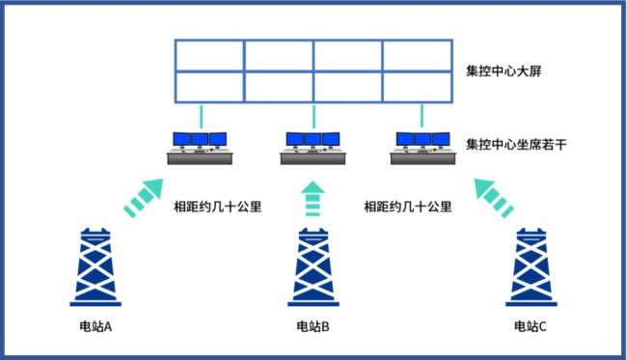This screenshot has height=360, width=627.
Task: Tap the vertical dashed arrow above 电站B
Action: point(313,198)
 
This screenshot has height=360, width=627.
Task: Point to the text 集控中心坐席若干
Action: point(508,145)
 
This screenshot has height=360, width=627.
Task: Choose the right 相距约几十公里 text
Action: point(408,206)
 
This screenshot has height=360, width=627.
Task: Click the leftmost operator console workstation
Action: point(201,148)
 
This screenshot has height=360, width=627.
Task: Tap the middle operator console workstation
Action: point(313,148)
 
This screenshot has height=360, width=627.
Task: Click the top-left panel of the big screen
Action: point(209,56)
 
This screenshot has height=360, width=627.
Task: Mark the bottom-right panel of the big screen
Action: point(418,87)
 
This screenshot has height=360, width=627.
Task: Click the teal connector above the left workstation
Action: point(202,117)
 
